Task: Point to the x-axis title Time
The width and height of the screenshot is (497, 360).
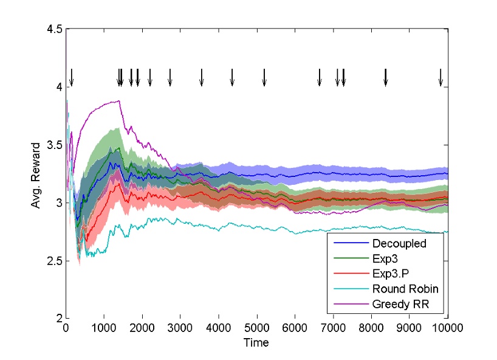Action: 256,343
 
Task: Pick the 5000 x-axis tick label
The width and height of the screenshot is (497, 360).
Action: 256,329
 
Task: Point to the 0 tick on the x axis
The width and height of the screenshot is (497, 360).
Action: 66,329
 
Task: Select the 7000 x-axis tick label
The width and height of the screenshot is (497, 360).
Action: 333,329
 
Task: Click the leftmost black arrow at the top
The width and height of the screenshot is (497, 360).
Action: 71,78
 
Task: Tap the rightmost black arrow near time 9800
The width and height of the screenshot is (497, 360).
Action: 441,78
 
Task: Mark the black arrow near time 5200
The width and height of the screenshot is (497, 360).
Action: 264,78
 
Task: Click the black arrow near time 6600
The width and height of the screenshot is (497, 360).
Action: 320,78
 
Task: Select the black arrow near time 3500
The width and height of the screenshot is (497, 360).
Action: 202,78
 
